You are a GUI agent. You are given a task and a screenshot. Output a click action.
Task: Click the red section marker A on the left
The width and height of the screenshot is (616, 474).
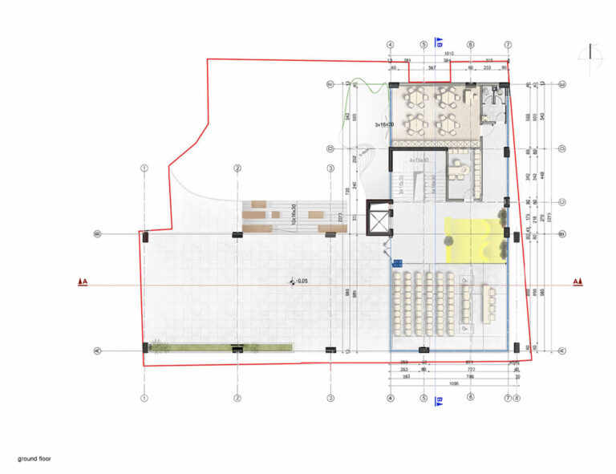(82, 282)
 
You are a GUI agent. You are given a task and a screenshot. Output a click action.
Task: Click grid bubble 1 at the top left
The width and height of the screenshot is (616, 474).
(144, 168)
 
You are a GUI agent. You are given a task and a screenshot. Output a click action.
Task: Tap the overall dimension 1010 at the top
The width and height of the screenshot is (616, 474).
(449, 54)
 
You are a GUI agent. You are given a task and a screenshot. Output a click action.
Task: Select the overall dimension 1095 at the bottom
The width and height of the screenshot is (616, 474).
(449, 383)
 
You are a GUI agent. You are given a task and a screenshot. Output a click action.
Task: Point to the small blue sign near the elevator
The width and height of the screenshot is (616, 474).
(395, 261)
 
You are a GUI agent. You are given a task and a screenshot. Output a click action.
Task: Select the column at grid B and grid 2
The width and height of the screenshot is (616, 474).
(237, 234)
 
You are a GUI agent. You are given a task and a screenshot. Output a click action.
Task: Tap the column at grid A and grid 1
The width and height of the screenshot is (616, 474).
(144, 348)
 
